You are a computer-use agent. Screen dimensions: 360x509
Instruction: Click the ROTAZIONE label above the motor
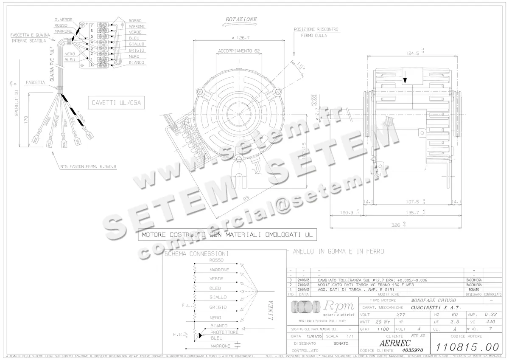pyautogui.click(x=241, y=20)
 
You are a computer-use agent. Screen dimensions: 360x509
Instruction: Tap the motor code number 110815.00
pyautogui.click(x=467, y=346)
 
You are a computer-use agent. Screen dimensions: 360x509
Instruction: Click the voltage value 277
pyautogui.click(x=400, y=315)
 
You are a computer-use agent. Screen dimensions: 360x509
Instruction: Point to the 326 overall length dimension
pyautogui.click(x=396, y=225)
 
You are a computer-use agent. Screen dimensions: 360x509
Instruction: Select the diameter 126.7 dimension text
pyautogui.click(x=241, y=37)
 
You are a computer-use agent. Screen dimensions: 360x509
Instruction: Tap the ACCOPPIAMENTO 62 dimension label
pyautogui.click(x=239, y=51)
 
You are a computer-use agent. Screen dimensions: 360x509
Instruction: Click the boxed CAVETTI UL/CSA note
pyautogui.click(x=115, y=102)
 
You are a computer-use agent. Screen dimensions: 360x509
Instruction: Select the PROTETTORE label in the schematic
pyautogui.click(x=224, y=332)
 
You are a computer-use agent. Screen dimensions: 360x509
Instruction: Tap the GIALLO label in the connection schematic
pyautogui.click(x=218, y=297)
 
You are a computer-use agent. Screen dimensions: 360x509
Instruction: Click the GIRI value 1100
pyautogui.click(x=383, y=329)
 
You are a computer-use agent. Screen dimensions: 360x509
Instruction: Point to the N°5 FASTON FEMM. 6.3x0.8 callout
pyautogui.click(x=88, y=167)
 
